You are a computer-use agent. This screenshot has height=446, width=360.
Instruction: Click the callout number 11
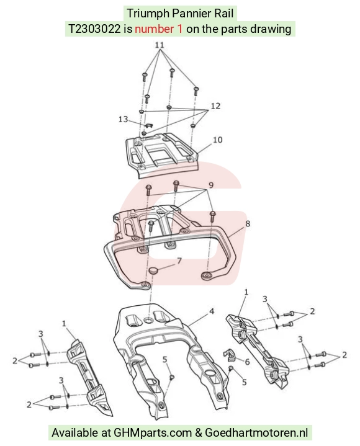click(x=160, y=45)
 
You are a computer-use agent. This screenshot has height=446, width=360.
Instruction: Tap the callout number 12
click(x=215, y=106)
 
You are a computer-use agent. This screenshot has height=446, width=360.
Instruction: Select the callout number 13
click(x=123, y=119)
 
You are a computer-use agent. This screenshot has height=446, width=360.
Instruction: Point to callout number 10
click(x=217, y=140)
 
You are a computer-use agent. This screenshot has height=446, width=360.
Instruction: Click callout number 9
click(x=211, y=185)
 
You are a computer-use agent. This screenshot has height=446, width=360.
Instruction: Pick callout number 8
click(x=248, y=224)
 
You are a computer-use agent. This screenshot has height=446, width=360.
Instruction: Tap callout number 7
click(x=179, y=261)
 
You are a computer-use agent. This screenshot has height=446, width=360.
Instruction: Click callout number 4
click(x=212, y=311)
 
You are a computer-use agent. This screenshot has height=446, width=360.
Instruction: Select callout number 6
click(x=247, y=362)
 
